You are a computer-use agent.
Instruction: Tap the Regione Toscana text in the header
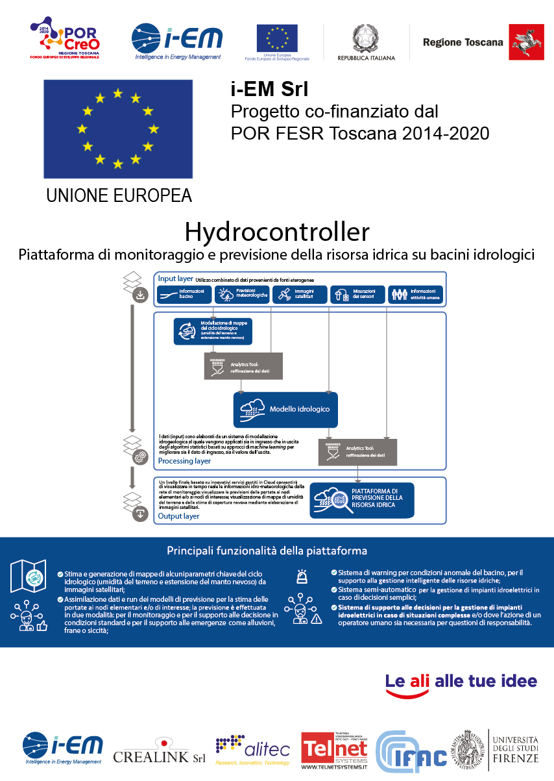(463, 42)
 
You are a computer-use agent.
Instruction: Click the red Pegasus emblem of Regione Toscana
(526, 42)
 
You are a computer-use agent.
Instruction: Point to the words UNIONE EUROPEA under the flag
(119, 195)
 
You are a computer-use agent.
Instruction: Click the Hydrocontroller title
(277, 231)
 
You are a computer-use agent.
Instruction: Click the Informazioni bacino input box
(184, 295)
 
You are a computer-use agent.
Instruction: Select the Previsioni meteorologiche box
(241, 295)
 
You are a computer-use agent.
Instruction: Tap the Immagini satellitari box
(298, 295)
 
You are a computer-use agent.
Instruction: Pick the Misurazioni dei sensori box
(357, 295)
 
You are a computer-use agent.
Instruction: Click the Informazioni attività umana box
(416, 295)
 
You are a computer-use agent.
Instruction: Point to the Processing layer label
(184, 461)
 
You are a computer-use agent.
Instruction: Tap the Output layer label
(179, 516)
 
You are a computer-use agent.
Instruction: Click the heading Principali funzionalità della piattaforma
(267, 551)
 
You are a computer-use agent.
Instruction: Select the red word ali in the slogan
(420, 681)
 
